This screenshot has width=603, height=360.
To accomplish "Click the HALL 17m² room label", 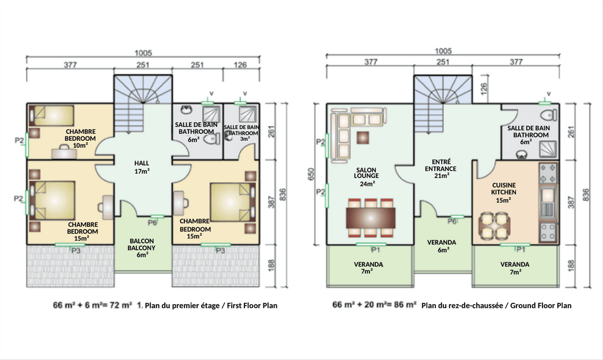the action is pos(141,167).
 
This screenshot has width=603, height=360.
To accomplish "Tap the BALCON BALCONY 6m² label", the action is pos(141,247).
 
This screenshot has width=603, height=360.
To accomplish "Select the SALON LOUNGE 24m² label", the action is pos(367,177).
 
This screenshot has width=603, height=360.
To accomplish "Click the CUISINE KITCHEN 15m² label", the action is pos(503,193).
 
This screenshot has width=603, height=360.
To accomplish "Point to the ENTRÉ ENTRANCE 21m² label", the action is pos(440,168).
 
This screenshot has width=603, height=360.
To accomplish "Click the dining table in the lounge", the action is pos(371,218).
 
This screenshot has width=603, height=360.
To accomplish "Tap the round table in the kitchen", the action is pos(494,226).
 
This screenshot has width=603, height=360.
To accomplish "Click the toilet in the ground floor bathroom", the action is pos(548,115).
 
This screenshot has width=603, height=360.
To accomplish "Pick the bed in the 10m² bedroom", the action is pos(52,115).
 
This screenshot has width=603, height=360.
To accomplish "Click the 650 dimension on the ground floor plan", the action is pos(311,174).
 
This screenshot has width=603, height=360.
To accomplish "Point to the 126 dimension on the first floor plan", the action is pos(240,65).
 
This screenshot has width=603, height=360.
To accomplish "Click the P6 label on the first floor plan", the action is pos(152,223).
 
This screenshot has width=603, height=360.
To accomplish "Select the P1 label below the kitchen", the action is pos(521,249).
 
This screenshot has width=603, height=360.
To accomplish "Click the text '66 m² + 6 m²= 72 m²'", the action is pos(92,305).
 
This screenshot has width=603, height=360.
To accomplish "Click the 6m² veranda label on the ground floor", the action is pos(442,246).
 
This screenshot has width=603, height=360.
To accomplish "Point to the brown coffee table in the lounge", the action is pos(363,137).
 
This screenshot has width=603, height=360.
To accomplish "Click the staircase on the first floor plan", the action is pos(142,103).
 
